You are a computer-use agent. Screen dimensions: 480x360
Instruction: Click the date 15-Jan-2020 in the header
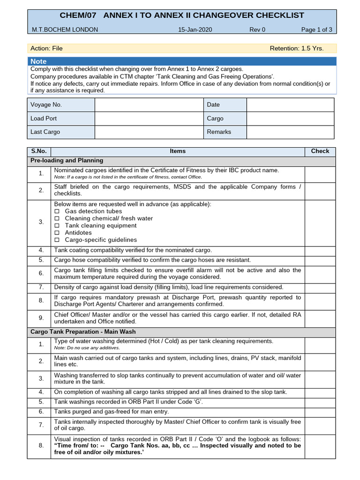pos(195,30)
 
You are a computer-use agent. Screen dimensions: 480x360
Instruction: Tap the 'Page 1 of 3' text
pos(316,30)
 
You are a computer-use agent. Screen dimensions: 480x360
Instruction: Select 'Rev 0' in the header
pos(257,30)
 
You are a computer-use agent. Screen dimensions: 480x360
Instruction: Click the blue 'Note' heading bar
pos(182,61)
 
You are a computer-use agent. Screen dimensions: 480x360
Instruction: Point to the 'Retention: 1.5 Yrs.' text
pos(297,48)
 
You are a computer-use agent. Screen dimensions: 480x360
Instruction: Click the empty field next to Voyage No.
pos(149,105)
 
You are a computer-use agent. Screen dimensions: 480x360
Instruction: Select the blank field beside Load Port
pos(149,119)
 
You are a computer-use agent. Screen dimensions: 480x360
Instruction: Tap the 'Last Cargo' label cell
pos(60,132)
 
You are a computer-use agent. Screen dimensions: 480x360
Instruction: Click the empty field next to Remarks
pos(290,132)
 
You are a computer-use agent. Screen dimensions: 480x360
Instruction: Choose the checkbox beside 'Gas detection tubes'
pos(57,211)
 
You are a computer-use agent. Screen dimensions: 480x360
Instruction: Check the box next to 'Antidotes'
pos(57,233)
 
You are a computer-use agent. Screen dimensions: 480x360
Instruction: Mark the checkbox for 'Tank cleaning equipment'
pos(57,226)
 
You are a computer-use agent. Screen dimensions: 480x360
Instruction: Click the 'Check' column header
pos(320,151)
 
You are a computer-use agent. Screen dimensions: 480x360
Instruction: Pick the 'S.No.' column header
pos(39,151)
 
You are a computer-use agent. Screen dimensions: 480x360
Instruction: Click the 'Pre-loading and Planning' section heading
pos(67,160)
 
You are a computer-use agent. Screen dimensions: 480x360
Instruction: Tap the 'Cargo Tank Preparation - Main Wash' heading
pos(83,331)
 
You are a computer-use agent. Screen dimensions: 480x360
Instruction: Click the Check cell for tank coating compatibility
pos(320,250)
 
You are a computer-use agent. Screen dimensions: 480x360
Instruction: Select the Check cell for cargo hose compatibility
pos(320,260)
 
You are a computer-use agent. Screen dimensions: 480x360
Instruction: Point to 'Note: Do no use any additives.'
pos(87,348)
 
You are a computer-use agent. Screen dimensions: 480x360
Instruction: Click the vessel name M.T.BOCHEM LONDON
pos(65,30)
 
